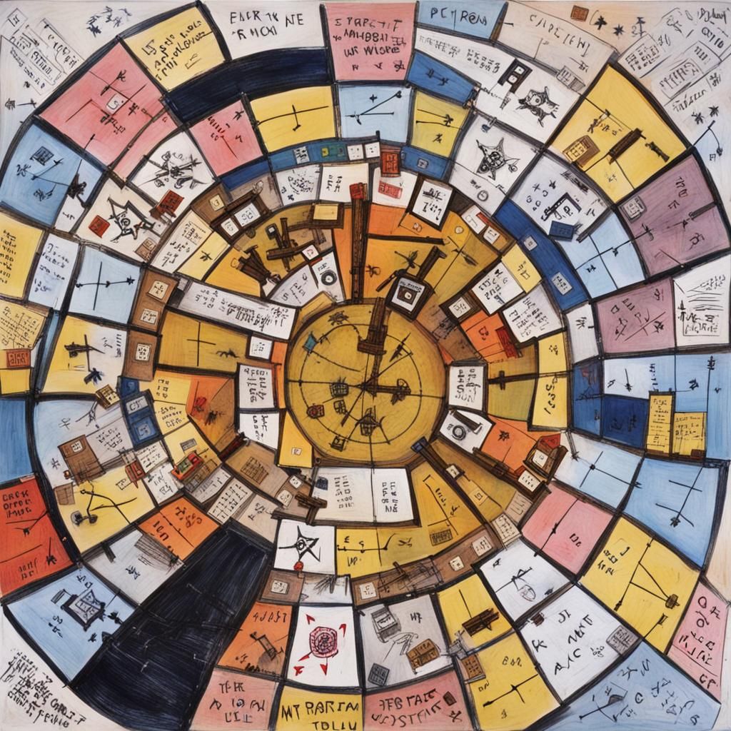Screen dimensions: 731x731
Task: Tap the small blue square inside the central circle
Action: [310, 343]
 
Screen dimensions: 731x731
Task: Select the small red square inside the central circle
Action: [315, 410]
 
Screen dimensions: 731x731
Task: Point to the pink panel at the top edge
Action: [369, 39]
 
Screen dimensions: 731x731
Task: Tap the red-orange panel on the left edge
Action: [29, 528]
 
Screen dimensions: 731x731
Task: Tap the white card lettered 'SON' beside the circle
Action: [468, 385]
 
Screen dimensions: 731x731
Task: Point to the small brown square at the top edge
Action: [579, 13]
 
